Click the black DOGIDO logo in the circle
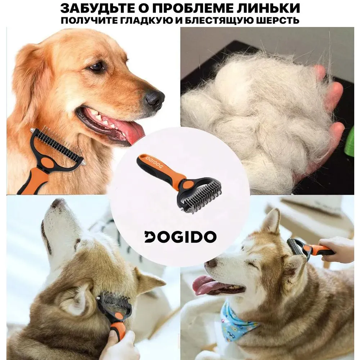pos(180,237)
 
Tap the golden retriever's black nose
pos(154,97)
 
